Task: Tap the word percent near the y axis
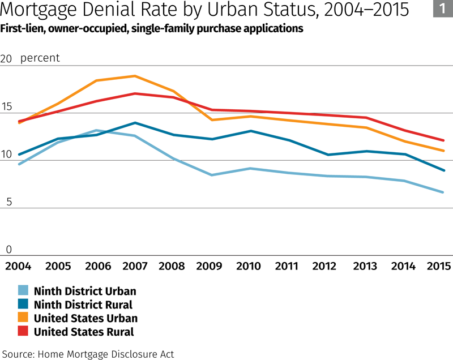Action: (x=40, y=58)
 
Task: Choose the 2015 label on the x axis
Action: (x=439, y=266)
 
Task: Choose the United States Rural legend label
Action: (x=84, y=332)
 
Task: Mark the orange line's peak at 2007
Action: (x=134, y=76)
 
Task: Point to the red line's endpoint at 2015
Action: (x=444, y=140)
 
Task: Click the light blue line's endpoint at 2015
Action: (x=444, y=192)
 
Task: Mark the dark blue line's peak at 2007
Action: (x=134, y=123)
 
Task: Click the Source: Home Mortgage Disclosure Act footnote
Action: (x=88, y=354)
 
